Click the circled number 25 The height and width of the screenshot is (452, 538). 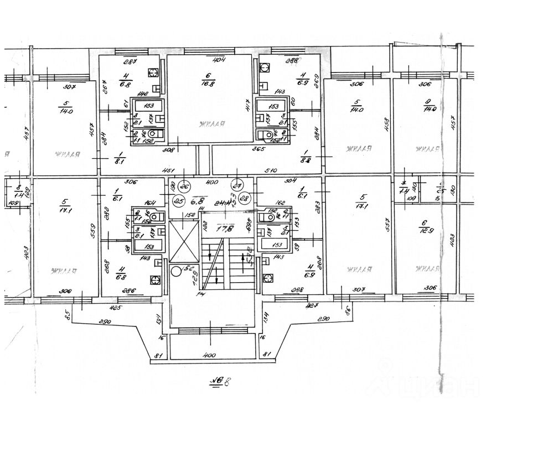point(179,200)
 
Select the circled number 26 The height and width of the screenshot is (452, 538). point(185,185)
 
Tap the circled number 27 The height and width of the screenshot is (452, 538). point(239,185)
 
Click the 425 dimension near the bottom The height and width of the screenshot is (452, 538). point(115,308)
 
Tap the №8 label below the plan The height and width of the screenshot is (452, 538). point(216,381)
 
